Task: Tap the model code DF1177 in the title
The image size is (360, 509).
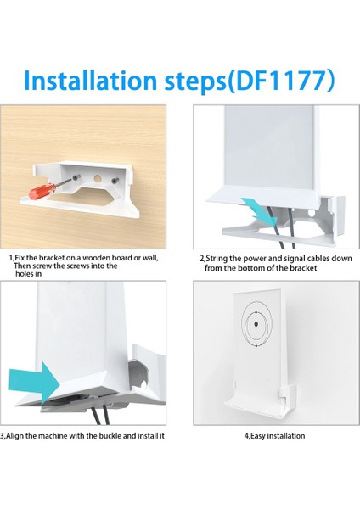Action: pos(281,81)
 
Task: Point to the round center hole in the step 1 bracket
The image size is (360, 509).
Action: pos(98,178)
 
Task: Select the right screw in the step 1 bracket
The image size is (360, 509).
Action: pos(114,181)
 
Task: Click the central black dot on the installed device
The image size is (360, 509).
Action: pos(256,324)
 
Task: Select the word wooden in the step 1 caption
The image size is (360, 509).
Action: pos(93,258)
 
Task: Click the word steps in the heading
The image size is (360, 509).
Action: pos(194,82)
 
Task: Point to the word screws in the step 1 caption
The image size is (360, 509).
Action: pos(77,266)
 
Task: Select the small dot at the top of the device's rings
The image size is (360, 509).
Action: pos(256,312)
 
